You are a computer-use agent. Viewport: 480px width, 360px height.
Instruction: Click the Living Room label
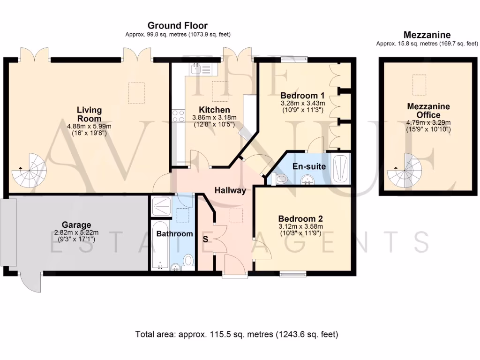tap(89, 114)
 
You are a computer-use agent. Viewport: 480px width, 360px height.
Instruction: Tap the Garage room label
tap(76, 225)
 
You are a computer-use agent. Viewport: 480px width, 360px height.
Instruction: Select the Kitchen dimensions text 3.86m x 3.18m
tap(215, 118)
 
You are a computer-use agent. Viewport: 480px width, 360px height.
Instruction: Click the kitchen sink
tap(202, 70)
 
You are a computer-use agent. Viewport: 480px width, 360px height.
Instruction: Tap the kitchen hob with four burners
tap(178, 115)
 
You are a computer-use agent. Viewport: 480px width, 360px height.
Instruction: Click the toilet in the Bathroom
tap(188, 260)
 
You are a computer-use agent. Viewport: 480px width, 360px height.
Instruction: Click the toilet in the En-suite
tap(282, 179)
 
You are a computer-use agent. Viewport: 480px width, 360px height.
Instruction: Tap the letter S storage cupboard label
tap(205, 239)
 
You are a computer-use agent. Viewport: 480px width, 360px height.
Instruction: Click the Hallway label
tap(230, 190)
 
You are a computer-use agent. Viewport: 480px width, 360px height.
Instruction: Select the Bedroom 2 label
tap(300, 218)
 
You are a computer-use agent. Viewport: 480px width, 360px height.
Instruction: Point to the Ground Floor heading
tap(177, 25)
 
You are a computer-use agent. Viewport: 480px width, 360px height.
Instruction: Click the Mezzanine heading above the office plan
tap(427, 35)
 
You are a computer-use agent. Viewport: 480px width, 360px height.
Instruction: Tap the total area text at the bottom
tap(237, 334)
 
